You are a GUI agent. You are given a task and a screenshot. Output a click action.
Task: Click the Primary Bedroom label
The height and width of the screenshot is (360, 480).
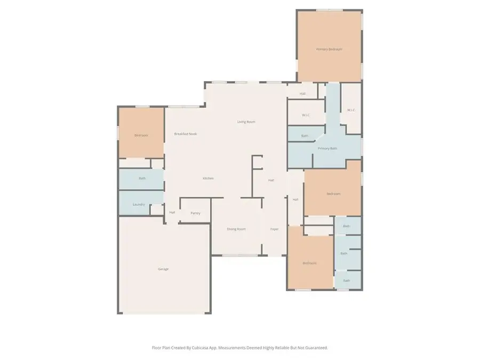329,49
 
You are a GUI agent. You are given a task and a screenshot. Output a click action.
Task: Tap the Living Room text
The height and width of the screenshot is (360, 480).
246,122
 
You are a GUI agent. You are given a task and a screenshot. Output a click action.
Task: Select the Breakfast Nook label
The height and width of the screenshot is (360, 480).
185,134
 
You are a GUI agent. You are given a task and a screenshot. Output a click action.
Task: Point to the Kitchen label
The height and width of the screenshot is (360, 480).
208,178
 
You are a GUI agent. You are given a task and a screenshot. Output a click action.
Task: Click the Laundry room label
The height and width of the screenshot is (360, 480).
139,204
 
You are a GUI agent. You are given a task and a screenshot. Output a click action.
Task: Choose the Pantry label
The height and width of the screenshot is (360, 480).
195,213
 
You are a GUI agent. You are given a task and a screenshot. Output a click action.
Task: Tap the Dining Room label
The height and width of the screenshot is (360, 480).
236,229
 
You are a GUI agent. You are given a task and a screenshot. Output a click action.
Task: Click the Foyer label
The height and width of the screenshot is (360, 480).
274,229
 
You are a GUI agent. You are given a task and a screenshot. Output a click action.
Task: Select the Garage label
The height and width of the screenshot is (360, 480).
163,269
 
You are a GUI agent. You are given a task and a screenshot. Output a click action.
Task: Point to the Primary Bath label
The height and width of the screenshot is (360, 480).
327,148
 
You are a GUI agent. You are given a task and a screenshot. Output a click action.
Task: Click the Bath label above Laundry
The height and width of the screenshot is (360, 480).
142,178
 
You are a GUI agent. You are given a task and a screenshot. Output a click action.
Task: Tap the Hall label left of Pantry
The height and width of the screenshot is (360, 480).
172,212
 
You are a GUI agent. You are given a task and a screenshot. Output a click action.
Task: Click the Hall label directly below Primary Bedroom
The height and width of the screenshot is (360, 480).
302,94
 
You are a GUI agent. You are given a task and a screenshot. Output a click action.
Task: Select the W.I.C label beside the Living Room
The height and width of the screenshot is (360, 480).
306,115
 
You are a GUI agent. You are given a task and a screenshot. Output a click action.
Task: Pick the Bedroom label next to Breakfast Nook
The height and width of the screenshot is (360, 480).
141,135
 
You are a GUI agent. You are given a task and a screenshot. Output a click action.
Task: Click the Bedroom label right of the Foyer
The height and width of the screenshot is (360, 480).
310,263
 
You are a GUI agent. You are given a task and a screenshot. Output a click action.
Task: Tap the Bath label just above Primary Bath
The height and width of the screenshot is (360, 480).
305,136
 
